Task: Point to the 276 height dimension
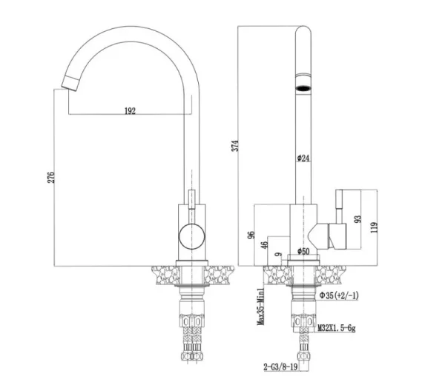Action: [51, 178]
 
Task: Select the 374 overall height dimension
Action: [234, 145]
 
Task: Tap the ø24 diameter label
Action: [303, 157]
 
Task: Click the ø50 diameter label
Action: [303, 252]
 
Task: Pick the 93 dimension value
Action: [359, 219]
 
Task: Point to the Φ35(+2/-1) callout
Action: [338, 296]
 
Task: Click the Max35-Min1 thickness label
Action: [260, 306]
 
